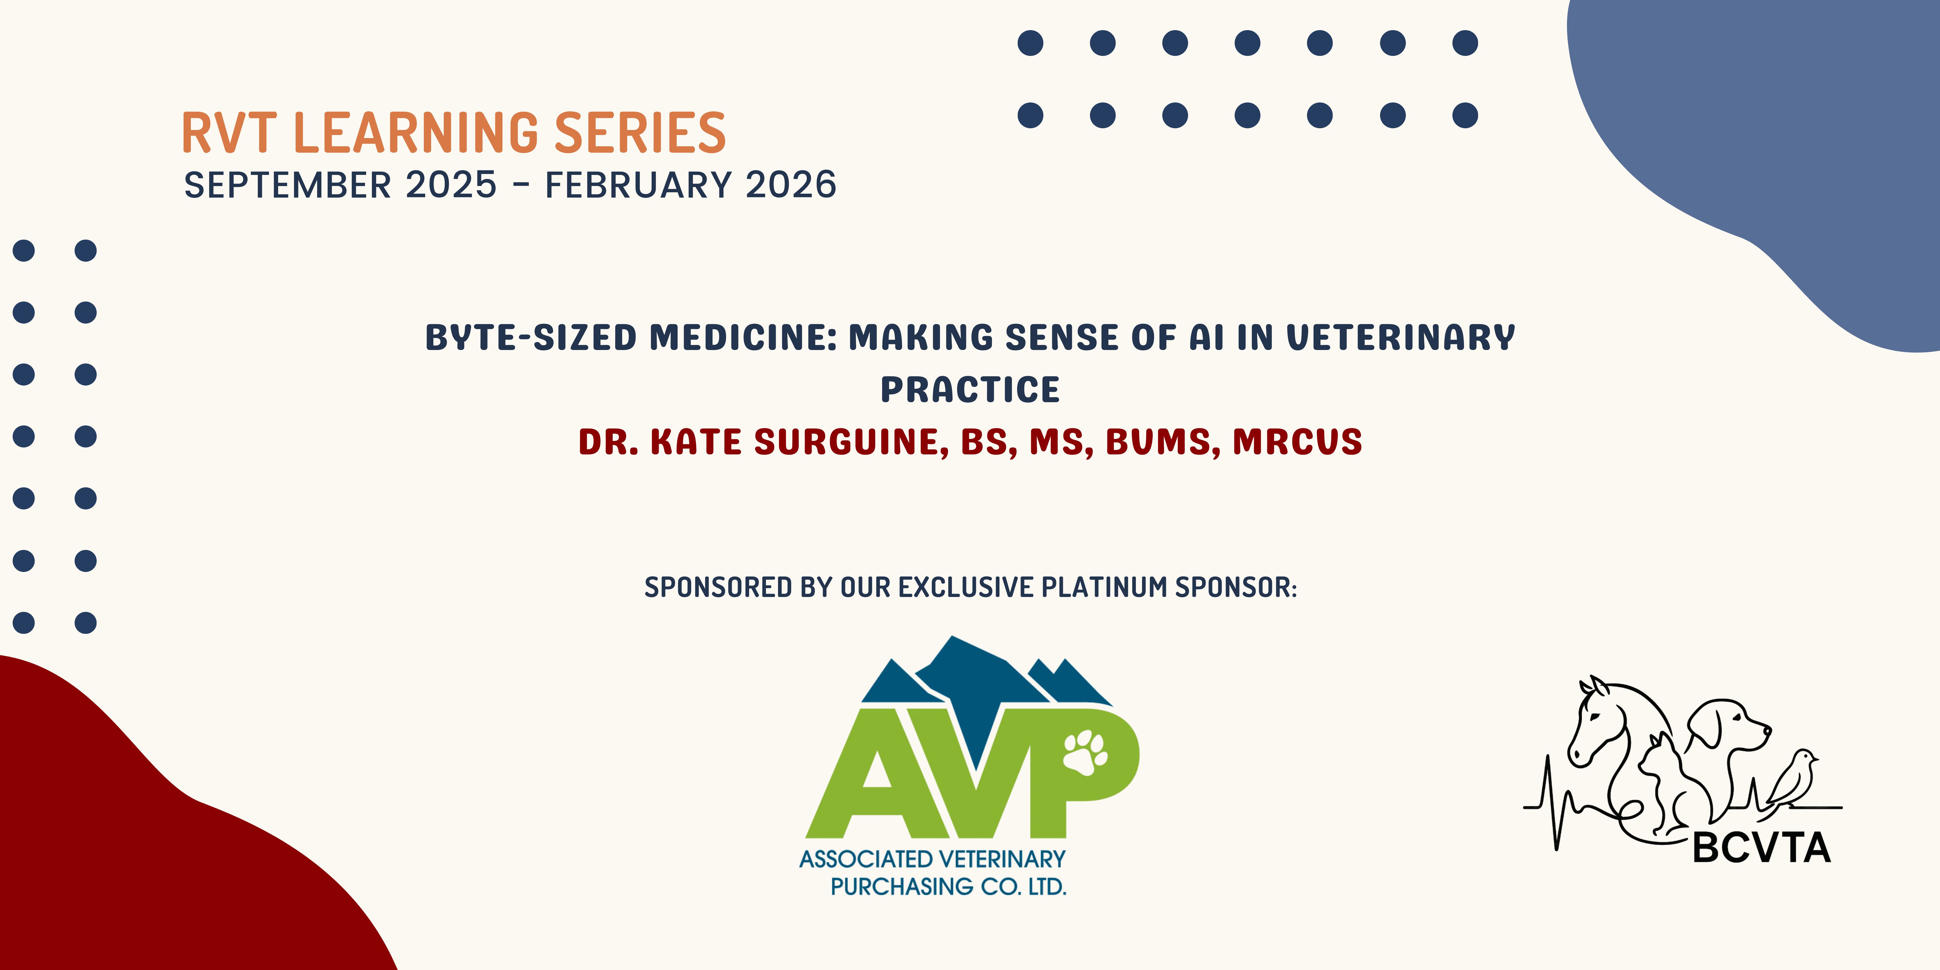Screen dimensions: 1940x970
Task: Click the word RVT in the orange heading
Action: click(229, 133)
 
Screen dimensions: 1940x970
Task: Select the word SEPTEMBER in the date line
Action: click(288, 185)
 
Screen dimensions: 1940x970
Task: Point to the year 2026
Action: click(791, 185)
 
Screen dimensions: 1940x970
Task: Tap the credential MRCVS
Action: click(1298, 442)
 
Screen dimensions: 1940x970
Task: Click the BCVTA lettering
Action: click(1761, 848)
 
